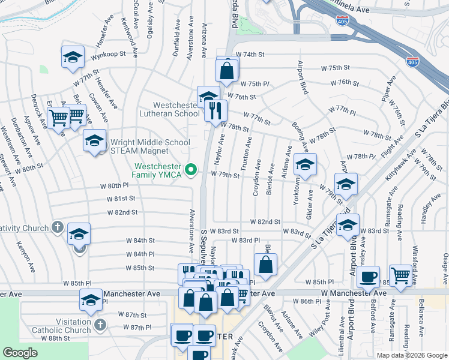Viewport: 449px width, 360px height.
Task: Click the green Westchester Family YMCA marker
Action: (191, 171)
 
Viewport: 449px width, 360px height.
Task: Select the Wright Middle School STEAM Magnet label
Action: (150, 146)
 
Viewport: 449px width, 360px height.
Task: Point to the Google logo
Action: (20, 353)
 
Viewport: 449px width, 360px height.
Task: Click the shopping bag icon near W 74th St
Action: (228, 71)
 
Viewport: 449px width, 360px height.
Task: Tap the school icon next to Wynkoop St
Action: (73, 58)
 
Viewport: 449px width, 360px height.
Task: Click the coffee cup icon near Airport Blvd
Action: (369, 277)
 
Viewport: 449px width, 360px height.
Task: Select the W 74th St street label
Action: (250, 55)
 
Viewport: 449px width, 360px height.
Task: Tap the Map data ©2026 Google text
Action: (412, 355)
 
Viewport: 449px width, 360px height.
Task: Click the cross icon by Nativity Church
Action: (57, 227)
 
